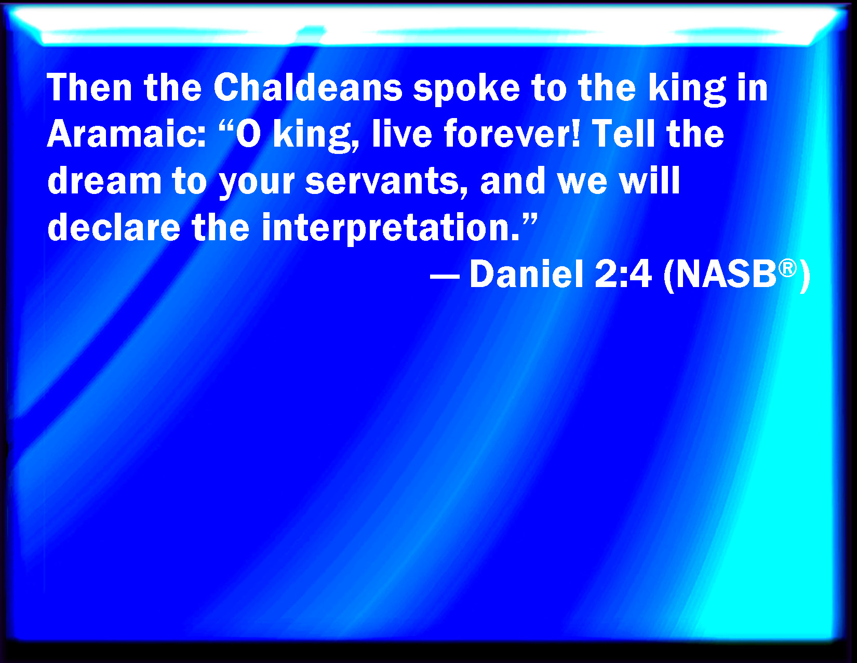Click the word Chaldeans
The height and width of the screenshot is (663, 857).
point(308,88)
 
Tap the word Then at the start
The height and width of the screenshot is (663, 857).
point(89,88)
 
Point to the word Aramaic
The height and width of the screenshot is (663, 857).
point(126,134)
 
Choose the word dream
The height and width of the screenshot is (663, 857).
point(104,181)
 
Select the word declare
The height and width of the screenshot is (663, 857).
point(114,227)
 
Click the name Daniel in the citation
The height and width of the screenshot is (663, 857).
point(527,275)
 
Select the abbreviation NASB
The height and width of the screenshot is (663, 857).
point(726,275)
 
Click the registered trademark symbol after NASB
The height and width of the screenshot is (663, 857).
point(787,268)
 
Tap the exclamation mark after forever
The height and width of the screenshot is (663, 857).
point(576,134)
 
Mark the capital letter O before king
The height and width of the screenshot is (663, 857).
point(248,134)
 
